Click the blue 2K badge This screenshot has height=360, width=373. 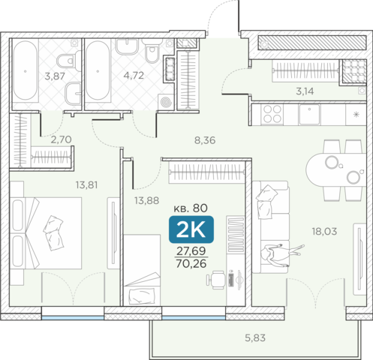[191, 229]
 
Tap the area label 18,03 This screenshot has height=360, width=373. [324, 232]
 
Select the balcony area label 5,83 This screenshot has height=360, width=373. [255, 338]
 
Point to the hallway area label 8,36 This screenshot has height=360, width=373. [205, 140]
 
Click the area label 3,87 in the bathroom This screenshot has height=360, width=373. [55, 76]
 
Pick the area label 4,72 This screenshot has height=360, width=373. [134, 75]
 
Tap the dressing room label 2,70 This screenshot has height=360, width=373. [62, 139]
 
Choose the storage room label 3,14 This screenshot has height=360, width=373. [305, 91]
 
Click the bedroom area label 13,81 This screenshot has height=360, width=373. [86, 185]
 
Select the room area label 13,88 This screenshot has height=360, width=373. [146, 200]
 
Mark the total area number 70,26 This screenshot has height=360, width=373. [191, 263]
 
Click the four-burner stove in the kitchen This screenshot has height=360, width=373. [272, 114]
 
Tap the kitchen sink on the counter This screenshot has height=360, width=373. [309, 114]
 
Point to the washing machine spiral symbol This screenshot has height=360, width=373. [166, 102]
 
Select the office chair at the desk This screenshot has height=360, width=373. [215, 280]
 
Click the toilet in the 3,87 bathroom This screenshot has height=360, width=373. [67, 61]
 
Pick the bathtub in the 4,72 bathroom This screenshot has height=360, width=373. [98, 70]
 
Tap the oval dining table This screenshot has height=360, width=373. [336, 170]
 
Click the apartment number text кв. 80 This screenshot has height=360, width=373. [191, 208]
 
